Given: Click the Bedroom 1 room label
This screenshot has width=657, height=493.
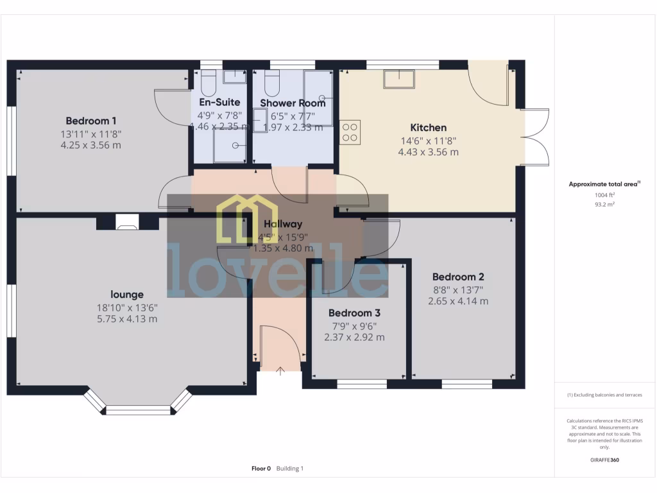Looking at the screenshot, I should [x=91, y=121].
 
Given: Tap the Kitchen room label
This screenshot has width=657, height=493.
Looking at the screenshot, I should [x=428, y=128].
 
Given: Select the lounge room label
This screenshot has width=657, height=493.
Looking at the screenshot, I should [x=127, y=295].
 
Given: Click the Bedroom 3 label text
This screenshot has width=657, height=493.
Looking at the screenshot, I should [x=354, y=313].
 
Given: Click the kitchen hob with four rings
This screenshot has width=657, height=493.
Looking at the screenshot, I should [x=350, y=132].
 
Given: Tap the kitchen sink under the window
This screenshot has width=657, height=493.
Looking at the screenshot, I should [x=399, y=79].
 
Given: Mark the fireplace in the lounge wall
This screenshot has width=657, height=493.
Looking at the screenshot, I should [x=126, y=224].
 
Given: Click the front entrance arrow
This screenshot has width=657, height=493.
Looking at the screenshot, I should [x=280, y=370].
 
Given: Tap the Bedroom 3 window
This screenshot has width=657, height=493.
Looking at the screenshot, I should [x=362, y=385].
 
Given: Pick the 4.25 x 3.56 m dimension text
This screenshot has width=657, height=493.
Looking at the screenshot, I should [x=91, y=145].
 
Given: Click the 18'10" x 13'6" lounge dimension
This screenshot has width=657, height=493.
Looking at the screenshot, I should [x=127, y=307].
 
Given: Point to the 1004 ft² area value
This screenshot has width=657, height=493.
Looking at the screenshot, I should [x=603, y=195].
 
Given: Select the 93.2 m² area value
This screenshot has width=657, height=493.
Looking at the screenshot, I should [x=603, y=204].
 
